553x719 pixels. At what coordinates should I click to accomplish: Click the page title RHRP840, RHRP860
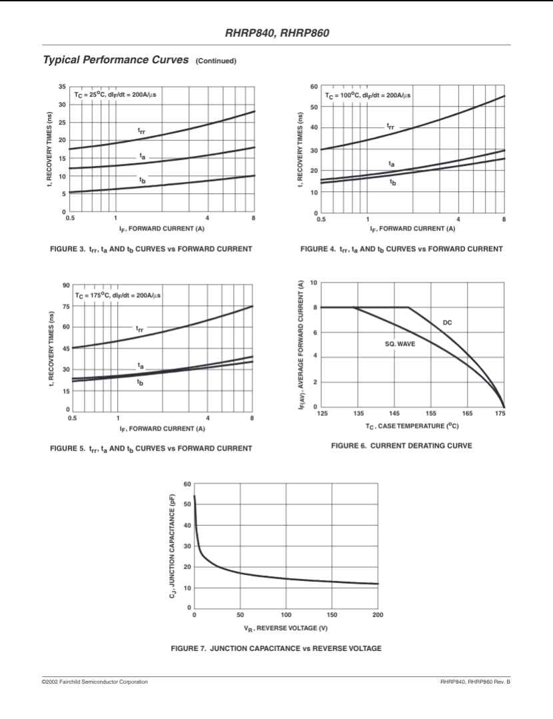click(x=277, y=33)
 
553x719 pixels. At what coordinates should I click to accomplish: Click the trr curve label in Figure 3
click(x=141, y=132)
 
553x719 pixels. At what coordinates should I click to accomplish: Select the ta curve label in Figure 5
click(x=141, y=366)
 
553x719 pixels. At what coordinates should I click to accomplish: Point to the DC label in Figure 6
click(x=447, y=323)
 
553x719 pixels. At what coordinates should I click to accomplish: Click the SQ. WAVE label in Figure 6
click(x=400, y=344)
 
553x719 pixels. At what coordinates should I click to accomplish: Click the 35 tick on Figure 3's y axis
click(x=61, y=87)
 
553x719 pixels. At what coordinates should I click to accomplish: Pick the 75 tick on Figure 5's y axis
click(x=65, y=307)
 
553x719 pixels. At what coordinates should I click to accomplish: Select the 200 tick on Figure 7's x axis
click(x=378, y=615)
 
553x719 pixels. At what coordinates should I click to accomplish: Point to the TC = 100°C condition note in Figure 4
click(x=368, y=95)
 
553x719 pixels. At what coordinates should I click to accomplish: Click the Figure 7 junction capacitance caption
click(x=276, y=648)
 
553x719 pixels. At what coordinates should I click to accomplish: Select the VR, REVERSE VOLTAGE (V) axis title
click(x=285, y=628)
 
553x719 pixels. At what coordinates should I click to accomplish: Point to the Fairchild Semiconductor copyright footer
click(x=95, y=682)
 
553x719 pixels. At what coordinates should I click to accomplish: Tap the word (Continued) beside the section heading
click(x=215, y=61)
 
